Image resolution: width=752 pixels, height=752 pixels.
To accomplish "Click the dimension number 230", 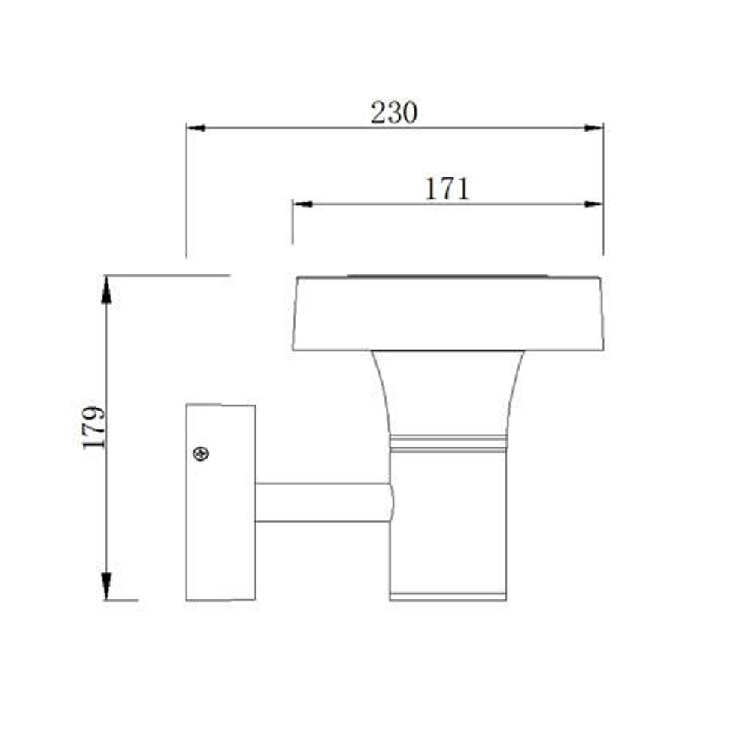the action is (394, 114).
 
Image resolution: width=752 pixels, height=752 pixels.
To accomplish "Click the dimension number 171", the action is (447, 190).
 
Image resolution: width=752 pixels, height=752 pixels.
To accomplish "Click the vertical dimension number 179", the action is (93, 427).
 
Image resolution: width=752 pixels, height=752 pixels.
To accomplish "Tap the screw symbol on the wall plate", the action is (201, 453).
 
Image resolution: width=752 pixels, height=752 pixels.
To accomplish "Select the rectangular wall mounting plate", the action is (220, 502).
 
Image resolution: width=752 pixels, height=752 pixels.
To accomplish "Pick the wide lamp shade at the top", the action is (448, 314).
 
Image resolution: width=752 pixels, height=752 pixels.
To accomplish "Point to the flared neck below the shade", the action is (448, 393).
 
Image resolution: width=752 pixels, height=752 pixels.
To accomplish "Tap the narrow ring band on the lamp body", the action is (448, 444).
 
